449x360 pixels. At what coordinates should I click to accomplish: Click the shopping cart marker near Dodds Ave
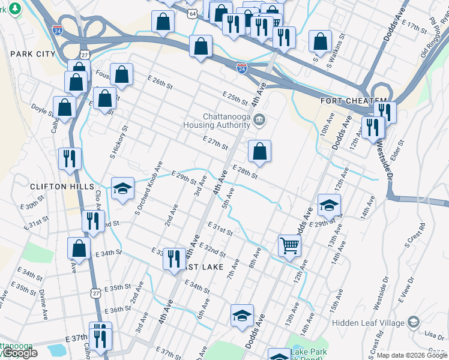pyautogui.click(x=289, y=245)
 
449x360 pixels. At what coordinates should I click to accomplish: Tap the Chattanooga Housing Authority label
pyautogui.click(x=217, y=120)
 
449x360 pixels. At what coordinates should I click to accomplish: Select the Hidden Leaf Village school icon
pyautogui.click(x=414, y=323)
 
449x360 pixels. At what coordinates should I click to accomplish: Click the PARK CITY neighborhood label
pyautogui.click(x=33, y=54)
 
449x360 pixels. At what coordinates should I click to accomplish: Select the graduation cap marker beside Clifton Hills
pyautogui.click(x=122, y=189)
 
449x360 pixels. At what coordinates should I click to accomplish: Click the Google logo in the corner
pyautogui.click(x=19, y=353)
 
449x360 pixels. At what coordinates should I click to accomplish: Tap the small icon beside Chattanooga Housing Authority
pyautogui.click(x=259, y=120)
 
